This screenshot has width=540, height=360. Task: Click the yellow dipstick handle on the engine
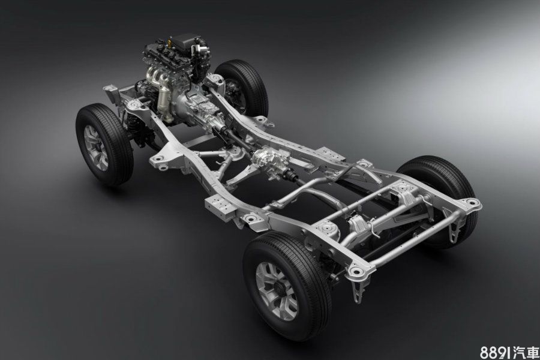click(169, 44)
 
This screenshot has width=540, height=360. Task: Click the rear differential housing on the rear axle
click(358, 226)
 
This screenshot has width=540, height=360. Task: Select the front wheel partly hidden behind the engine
click(242, 88)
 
